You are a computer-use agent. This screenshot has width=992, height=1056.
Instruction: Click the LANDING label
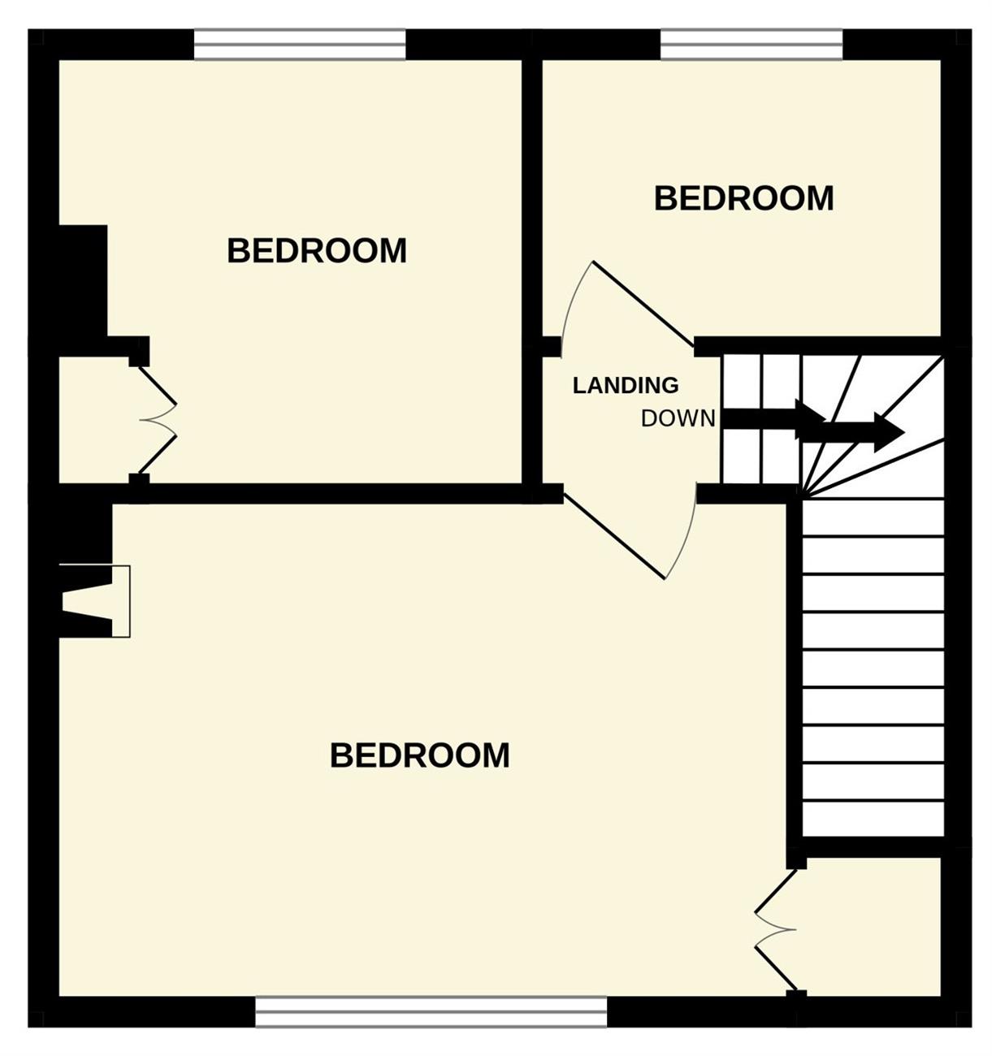[625, 385]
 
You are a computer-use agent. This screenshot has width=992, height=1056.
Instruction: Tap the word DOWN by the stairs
[678, 419]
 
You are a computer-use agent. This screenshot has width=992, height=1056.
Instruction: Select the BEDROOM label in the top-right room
[743, 198]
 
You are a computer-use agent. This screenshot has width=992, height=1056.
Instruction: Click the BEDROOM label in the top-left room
[317, 250]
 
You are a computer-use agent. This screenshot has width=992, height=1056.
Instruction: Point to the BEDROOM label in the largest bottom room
[420, 755]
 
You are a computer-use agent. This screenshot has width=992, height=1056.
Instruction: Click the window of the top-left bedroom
[300, 45]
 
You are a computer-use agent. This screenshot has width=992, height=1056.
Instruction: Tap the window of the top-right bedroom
[751, 45]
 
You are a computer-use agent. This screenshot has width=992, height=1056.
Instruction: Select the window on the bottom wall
[431, 1011]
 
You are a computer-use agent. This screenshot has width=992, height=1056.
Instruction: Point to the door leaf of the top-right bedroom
[643, 303]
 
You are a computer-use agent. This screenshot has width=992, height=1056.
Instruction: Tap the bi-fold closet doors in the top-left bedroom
[158, 420]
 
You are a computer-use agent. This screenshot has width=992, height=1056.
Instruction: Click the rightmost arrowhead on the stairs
[890, 431]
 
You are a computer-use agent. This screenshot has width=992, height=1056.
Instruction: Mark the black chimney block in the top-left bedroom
[82, 280]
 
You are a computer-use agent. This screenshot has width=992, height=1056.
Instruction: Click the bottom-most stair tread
[873, 819]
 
